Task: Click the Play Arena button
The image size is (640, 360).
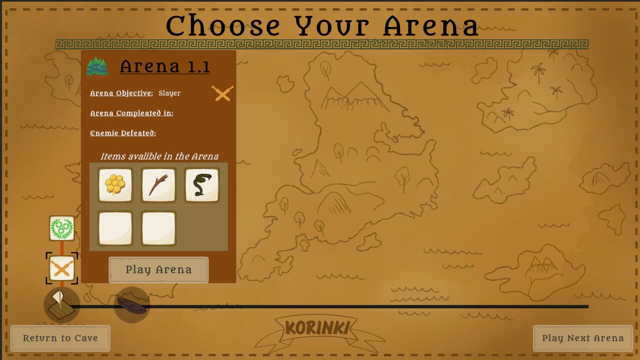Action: click(159, 270)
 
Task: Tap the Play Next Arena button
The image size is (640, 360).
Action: click(583, 338)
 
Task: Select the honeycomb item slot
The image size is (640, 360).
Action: click(115, 185)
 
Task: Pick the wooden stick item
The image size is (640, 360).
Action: click(159, 185)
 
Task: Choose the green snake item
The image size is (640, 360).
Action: click(202, 185)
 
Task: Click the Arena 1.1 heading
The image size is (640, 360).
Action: click(165, 66)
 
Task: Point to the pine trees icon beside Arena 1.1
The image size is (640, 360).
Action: click(97, 66)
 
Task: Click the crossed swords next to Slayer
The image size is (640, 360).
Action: click(223, 93)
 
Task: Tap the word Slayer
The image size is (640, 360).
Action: click(169, 93)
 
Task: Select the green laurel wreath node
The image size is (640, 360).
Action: click(62, 228)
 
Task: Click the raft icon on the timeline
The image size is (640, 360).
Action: click(62, 305)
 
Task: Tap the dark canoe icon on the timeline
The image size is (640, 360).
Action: click(132, 305)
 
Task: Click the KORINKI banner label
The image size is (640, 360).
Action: click(318, 328)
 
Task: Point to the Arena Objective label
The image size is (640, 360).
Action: click(121, 93)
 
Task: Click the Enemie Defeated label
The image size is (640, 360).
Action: click(123, 133)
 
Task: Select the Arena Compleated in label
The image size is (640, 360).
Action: click(132, 113)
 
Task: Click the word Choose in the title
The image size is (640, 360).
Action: click(223, 26)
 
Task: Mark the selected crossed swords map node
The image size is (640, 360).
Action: click(62, 268)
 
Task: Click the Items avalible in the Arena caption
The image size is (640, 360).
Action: click(159, 156)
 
